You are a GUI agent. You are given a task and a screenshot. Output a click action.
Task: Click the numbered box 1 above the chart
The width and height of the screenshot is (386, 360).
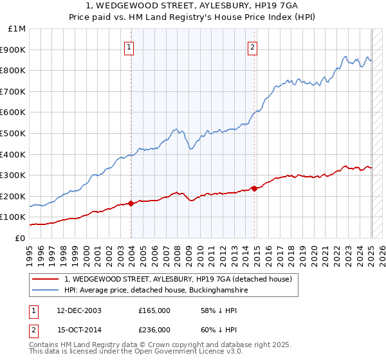[129, 46]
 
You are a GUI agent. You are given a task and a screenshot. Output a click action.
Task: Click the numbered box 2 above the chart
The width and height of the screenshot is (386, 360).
[253, 46]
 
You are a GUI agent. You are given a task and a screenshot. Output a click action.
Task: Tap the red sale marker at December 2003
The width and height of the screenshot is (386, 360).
[131, 203]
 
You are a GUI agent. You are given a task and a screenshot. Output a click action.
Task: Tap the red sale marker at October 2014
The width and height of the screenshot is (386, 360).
[255, 188]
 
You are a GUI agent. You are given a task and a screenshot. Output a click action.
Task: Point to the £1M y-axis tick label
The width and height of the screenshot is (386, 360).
[17, 29]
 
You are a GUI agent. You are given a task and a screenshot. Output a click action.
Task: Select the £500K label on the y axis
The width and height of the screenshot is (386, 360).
[14, 133]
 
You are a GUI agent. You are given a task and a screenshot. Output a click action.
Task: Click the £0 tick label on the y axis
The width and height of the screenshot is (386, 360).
[19, 238]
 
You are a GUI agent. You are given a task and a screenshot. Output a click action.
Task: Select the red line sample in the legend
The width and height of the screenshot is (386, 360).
[46, 279]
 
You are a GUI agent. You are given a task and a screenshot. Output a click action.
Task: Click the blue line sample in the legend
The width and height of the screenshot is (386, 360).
[46, 290]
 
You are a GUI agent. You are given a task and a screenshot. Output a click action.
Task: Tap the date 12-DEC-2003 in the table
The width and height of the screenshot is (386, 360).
[75, 310]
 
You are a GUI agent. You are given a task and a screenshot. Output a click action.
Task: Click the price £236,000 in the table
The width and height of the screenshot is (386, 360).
[154, 329]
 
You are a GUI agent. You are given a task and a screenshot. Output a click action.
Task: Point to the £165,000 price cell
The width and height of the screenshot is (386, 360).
[154, 310]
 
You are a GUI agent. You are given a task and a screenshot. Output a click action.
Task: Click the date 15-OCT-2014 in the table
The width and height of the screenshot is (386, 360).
[75, 329]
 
